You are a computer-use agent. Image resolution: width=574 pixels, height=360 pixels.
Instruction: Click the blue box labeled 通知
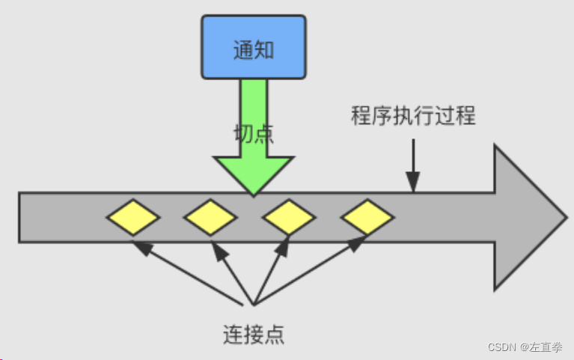pyautogui.click(x=254, y=46)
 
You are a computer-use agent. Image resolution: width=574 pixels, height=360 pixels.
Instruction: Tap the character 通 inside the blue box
pyautogui.click(x=242, y=51)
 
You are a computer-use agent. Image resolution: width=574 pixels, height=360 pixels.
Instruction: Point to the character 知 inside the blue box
pyautogui.click(x=264, y=51)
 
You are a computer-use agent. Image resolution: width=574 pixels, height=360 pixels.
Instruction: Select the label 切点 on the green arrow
pyautogui.click(x=254, y=134)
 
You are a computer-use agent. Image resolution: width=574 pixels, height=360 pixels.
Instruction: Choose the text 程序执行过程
pyautogui.click(x=413, y=116)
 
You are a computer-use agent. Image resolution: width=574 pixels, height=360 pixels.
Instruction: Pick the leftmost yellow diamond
pyautogui.click(x=132, y=217)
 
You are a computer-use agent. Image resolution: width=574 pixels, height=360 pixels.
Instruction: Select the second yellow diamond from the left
pyautogui.click(x=210, y=217)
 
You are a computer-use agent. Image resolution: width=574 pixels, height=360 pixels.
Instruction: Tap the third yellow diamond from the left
pyautogui.click(x=289, y=217)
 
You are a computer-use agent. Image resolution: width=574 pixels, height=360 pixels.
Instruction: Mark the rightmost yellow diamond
pyautogui.click(x=367, y=217)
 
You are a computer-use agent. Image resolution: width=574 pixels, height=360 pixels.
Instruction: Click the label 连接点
pyautogui.click(x=254, y=332)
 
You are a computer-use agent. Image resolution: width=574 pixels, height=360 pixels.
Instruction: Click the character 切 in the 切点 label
pyautogui.click(x=244, y=134)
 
